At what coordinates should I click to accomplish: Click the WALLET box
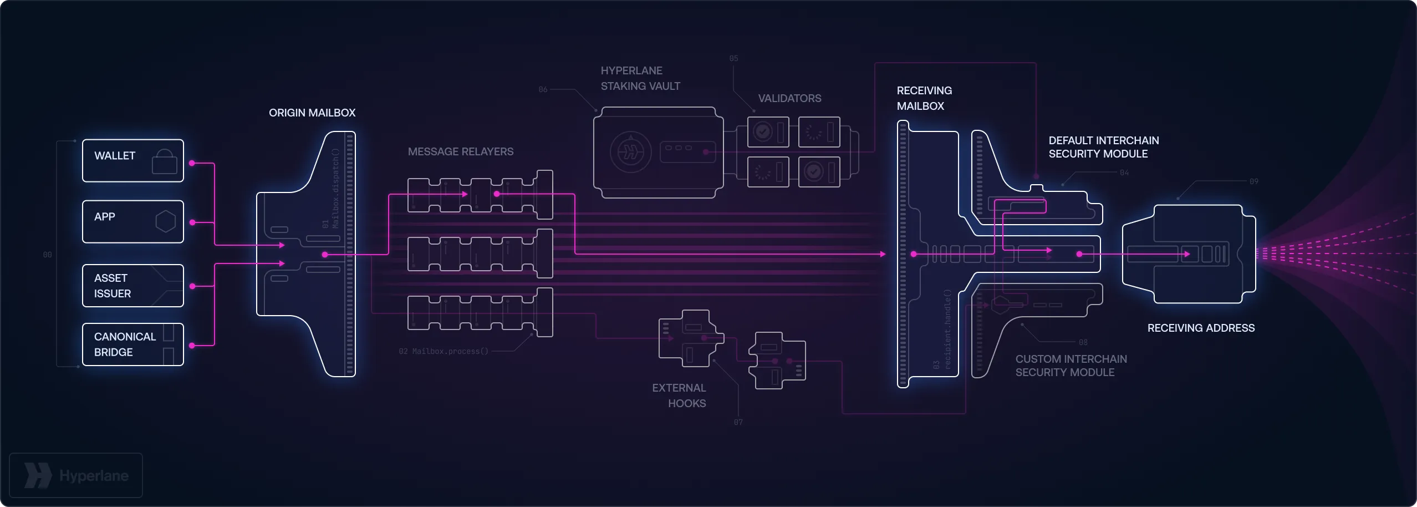pyautogui.click(x=132, y=161)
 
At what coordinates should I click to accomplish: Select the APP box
pyautogui.click(x=132, y=222)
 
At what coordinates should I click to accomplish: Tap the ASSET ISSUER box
pyautogui.click(x=132, y=286)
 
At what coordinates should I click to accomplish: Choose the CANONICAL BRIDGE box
pyautogui.click(x=132, y=344)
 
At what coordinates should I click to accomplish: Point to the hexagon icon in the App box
pyautogui.click(x=165, y=221)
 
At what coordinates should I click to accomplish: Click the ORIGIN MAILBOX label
pyautogui.click(x=312, y=113)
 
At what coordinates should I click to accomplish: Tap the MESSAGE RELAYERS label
pyautogui.click(x=460, y=151)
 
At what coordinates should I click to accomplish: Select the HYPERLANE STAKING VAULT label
pyautogui.click(x=640, y=78)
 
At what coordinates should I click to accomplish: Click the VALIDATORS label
pyautogui.click(x=789, y=98)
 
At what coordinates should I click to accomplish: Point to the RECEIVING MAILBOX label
pyautogui.click(x=924, y=98)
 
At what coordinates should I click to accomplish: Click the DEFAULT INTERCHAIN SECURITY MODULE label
pyautogui.click(x=1103, y=147)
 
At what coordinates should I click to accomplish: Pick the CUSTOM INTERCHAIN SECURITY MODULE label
pyautogui.click(x=1071, y=366)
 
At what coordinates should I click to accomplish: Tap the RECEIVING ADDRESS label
pyautogui.click(x=1201, y=328)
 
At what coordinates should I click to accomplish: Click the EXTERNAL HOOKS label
pyautogui.click(x=679, y=396)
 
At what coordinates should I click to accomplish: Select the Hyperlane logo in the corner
pyautogui.click(x=76, y=475)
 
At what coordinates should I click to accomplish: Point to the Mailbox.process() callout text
pyautogui.click(x=450, y=351)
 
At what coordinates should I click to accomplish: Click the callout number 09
pyautogui.click(x=1253, y=181)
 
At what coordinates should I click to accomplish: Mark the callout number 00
pyautogui.click(x=47, y=255)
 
